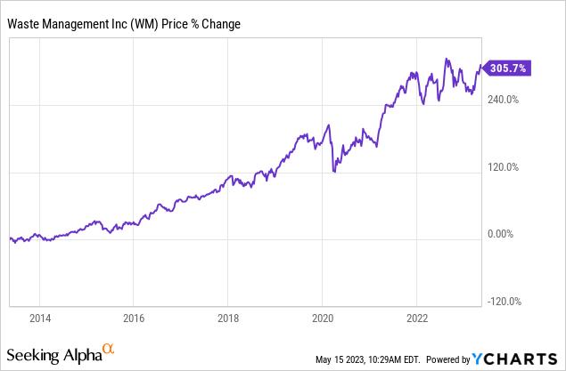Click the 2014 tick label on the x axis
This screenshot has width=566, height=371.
coord(38,317)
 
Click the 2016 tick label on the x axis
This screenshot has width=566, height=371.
coord(133,317)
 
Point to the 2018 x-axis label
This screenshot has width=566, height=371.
coord(228,317)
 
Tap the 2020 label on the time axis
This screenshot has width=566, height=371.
coord(324,317)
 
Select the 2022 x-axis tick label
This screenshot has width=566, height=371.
coord(418,317)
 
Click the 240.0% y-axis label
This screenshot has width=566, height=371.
coord(500,100)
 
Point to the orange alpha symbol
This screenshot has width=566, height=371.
coord(108,350)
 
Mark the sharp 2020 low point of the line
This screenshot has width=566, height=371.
coord(334,172)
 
